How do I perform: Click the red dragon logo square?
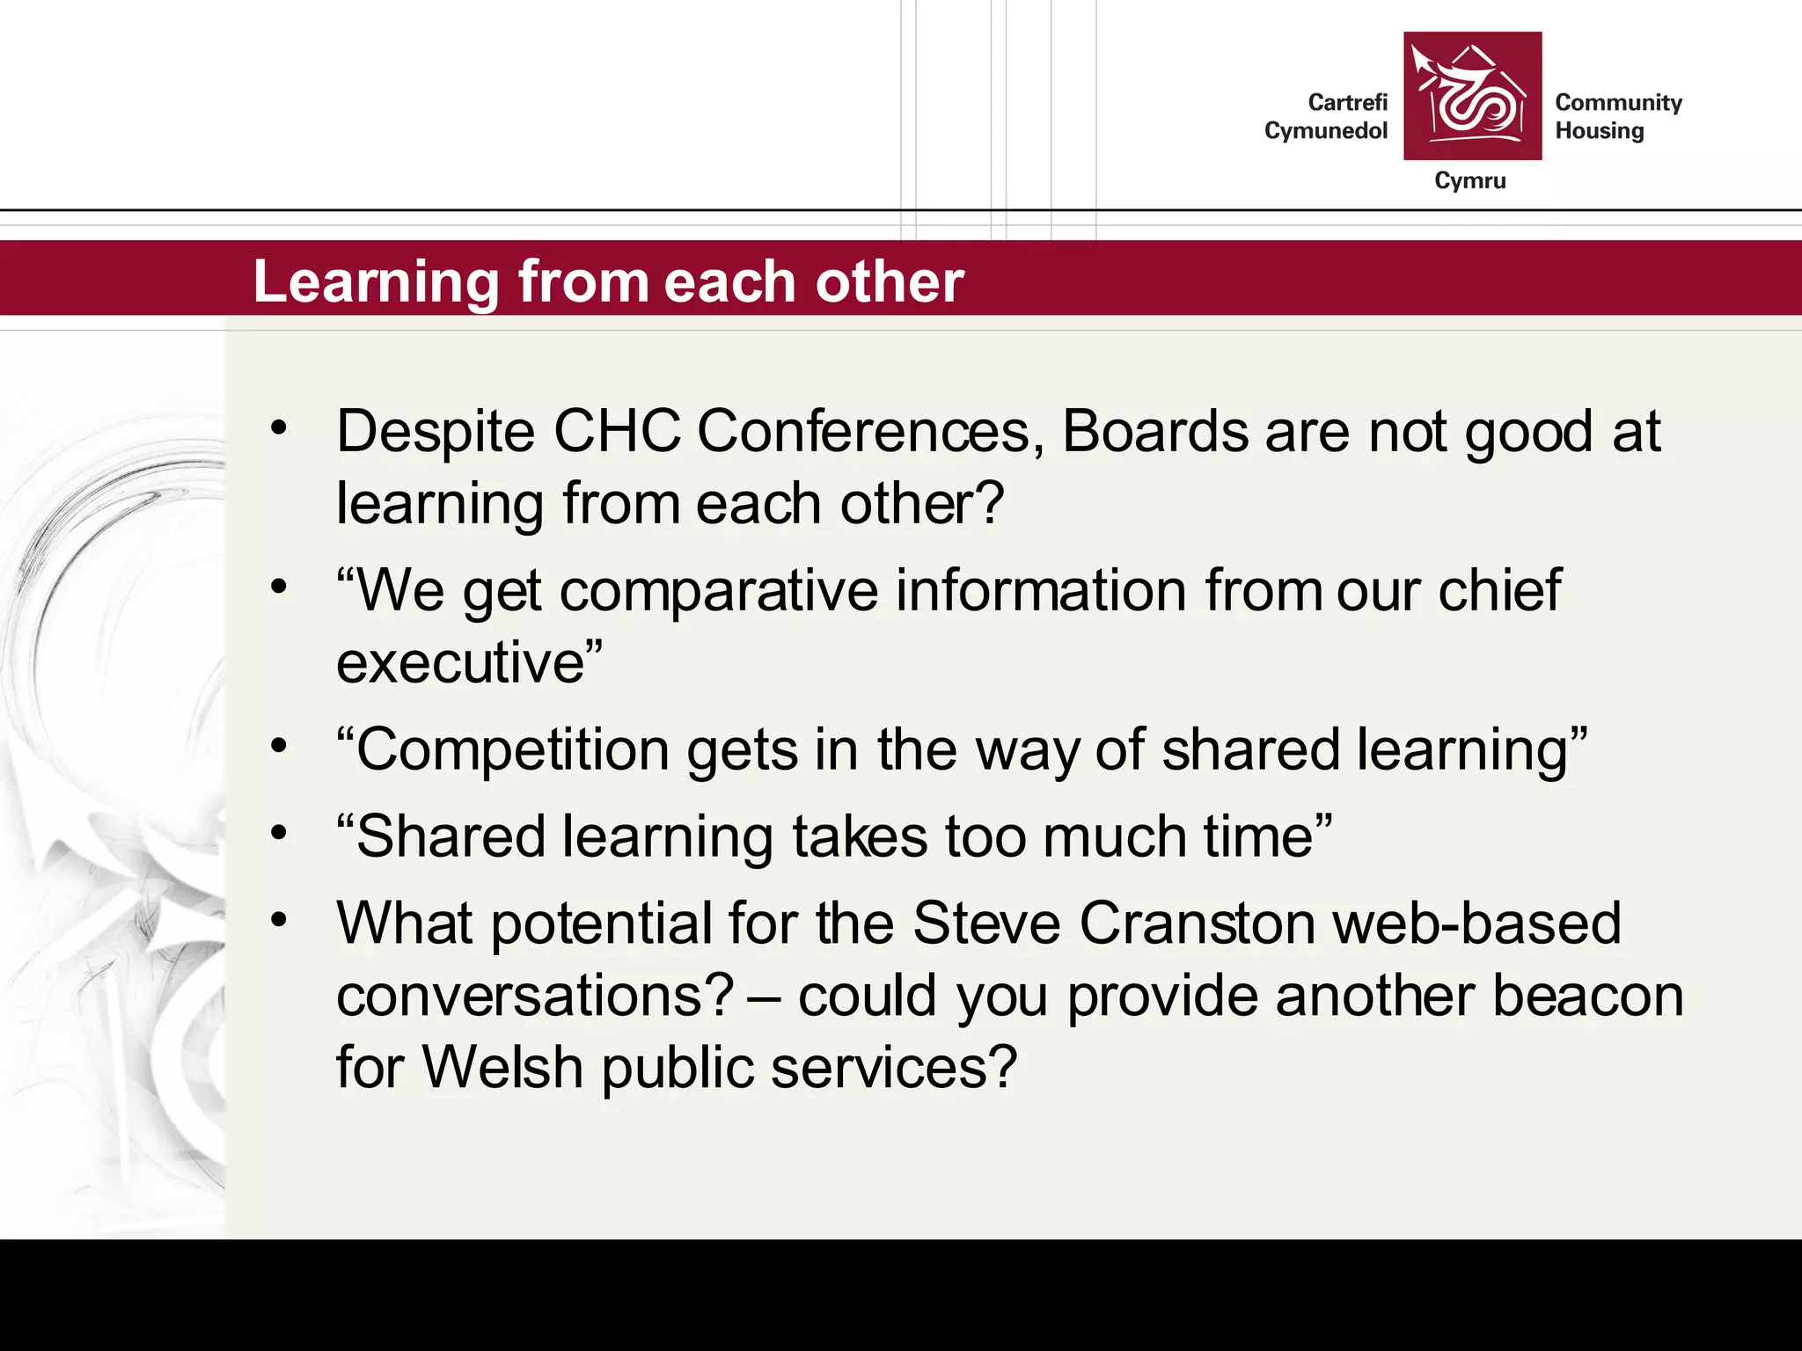pos(1472,96)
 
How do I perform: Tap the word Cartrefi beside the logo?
pos(1347,103)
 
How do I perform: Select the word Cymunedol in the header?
pos(1325,131)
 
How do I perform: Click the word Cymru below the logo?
pos(1469,181)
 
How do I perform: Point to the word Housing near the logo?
pos(1599,131)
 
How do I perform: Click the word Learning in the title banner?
pos(376,282)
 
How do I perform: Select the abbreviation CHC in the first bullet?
pos(616,432)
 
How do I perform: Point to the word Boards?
pos(1154,432)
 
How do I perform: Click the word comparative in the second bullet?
pos(718,591)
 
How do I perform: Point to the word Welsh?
pos(502,1068)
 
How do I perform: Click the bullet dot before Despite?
pos(279,428)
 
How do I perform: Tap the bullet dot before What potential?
pos(279,920)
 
